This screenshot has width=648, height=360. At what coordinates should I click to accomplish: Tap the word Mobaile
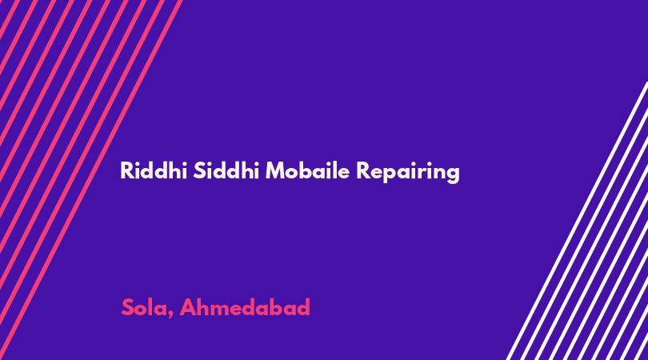point(307,170)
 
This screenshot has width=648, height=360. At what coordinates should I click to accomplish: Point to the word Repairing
point(407,172)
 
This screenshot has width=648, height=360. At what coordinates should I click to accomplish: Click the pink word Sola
point(145,307)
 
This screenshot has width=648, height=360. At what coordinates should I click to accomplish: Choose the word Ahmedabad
point(245,307)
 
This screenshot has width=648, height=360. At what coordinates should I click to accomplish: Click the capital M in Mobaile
point(276,170)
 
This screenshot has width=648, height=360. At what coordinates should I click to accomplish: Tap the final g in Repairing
point(453,174)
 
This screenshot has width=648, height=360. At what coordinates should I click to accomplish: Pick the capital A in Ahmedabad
point(188,307)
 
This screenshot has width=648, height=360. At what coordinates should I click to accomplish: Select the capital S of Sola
point(128,307)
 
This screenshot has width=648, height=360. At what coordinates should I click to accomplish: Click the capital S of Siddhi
point(200,170)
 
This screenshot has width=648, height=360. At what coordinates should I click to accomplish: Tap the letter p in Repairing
point(386,174)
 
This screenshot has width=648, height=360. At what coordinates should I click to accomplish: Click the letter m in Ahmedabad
point(222,310)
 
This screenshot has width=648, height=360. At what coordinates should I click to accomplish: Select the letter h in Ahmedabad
point(204,307)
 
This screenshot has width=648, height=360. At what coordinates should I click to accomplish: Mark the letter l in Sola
point(150,307)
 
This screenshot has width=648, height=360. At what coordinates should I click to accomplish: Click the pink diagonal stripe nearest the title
point(91,180)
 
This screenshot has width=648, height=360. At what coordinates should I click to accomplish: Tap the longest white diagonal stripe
point(577,221)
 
